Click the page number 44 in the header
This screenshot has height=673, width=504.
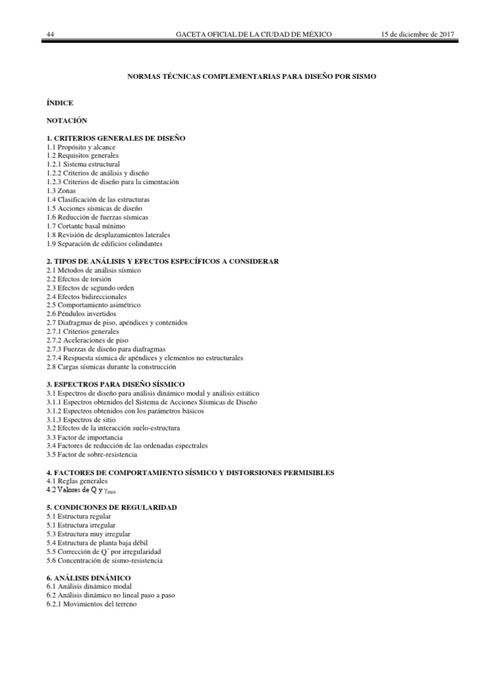51,34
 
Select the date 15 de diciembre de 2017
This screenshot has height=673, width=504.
418,34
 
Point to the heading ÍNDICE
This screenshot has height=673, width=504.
60,103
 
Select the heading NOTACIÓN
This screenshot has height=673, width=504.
66,121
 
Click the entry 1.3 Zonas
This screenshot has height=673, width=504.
62,191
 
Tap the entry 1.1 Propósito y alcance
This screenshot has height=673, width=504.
85,147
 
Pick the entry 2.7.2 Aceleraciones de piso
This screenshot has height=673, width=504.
87,340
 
